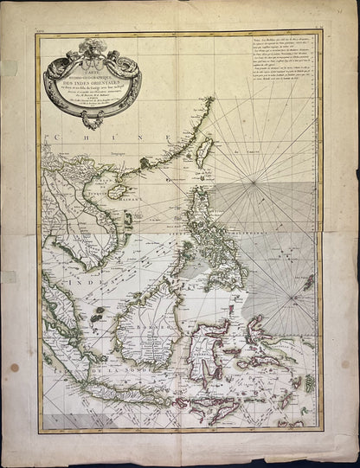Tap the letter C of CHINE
coord(58,138)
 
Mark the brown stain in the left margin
coord(14,367)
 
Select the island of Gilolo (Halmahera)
coord(257,330)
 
